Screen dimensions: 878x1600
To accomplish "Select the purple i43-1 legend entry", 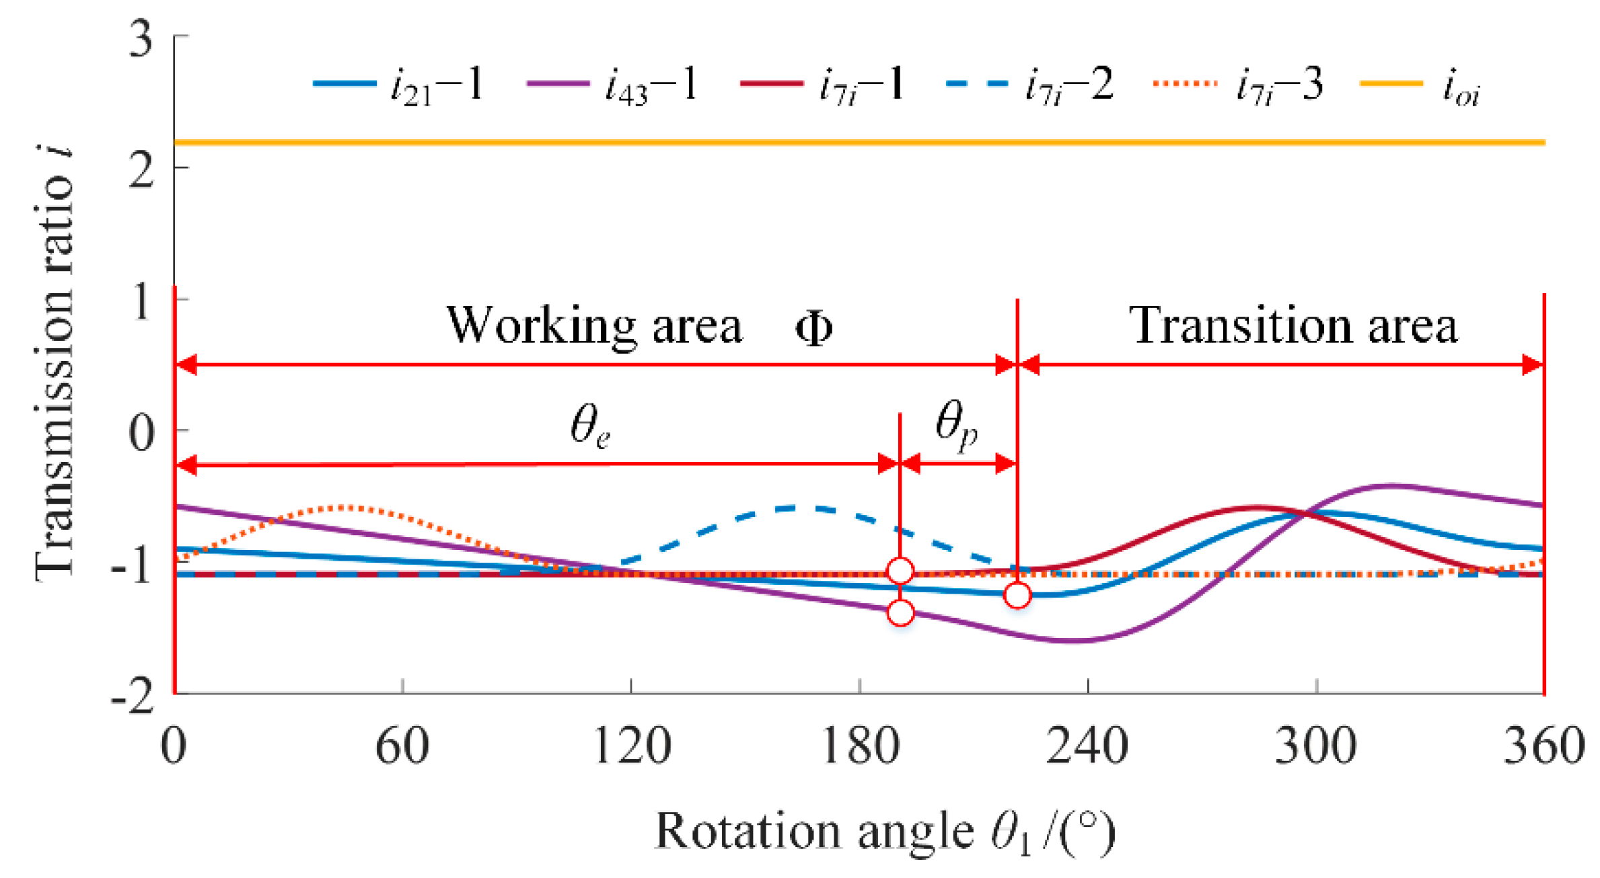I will [612, 85].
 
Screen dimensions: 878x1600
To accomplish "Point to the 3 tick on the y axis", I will [141, 39].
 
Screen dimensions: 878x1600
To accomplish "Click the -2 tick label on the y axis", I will [133, 697].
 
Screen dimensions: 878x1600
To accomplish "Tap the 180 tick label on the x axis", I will [861, 747].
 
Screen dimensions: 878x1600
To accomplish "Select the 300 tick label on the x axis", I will [1316, 747].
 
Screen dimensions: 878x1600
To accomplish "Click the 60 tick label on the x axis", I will [402, 747].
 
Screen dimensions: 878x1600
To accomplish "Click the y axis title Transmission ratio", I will [55, 363].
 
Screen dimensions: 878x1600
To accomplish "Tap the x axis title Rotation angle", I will [885, 832].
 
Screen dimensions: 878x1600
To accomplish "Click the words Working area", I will [595, 327].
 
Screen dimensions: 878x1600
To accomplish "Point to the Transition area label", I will [1293, 327].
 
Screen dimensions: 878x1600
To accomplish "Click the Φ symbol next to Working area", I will [814, 329].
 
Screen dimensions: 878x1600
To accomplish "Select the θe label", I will [591, 428].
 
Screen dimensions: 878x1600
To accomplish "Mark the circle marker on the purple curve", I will [901, 612].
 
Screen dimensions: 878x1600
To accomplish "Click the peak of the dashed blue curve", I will [801, 508].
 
